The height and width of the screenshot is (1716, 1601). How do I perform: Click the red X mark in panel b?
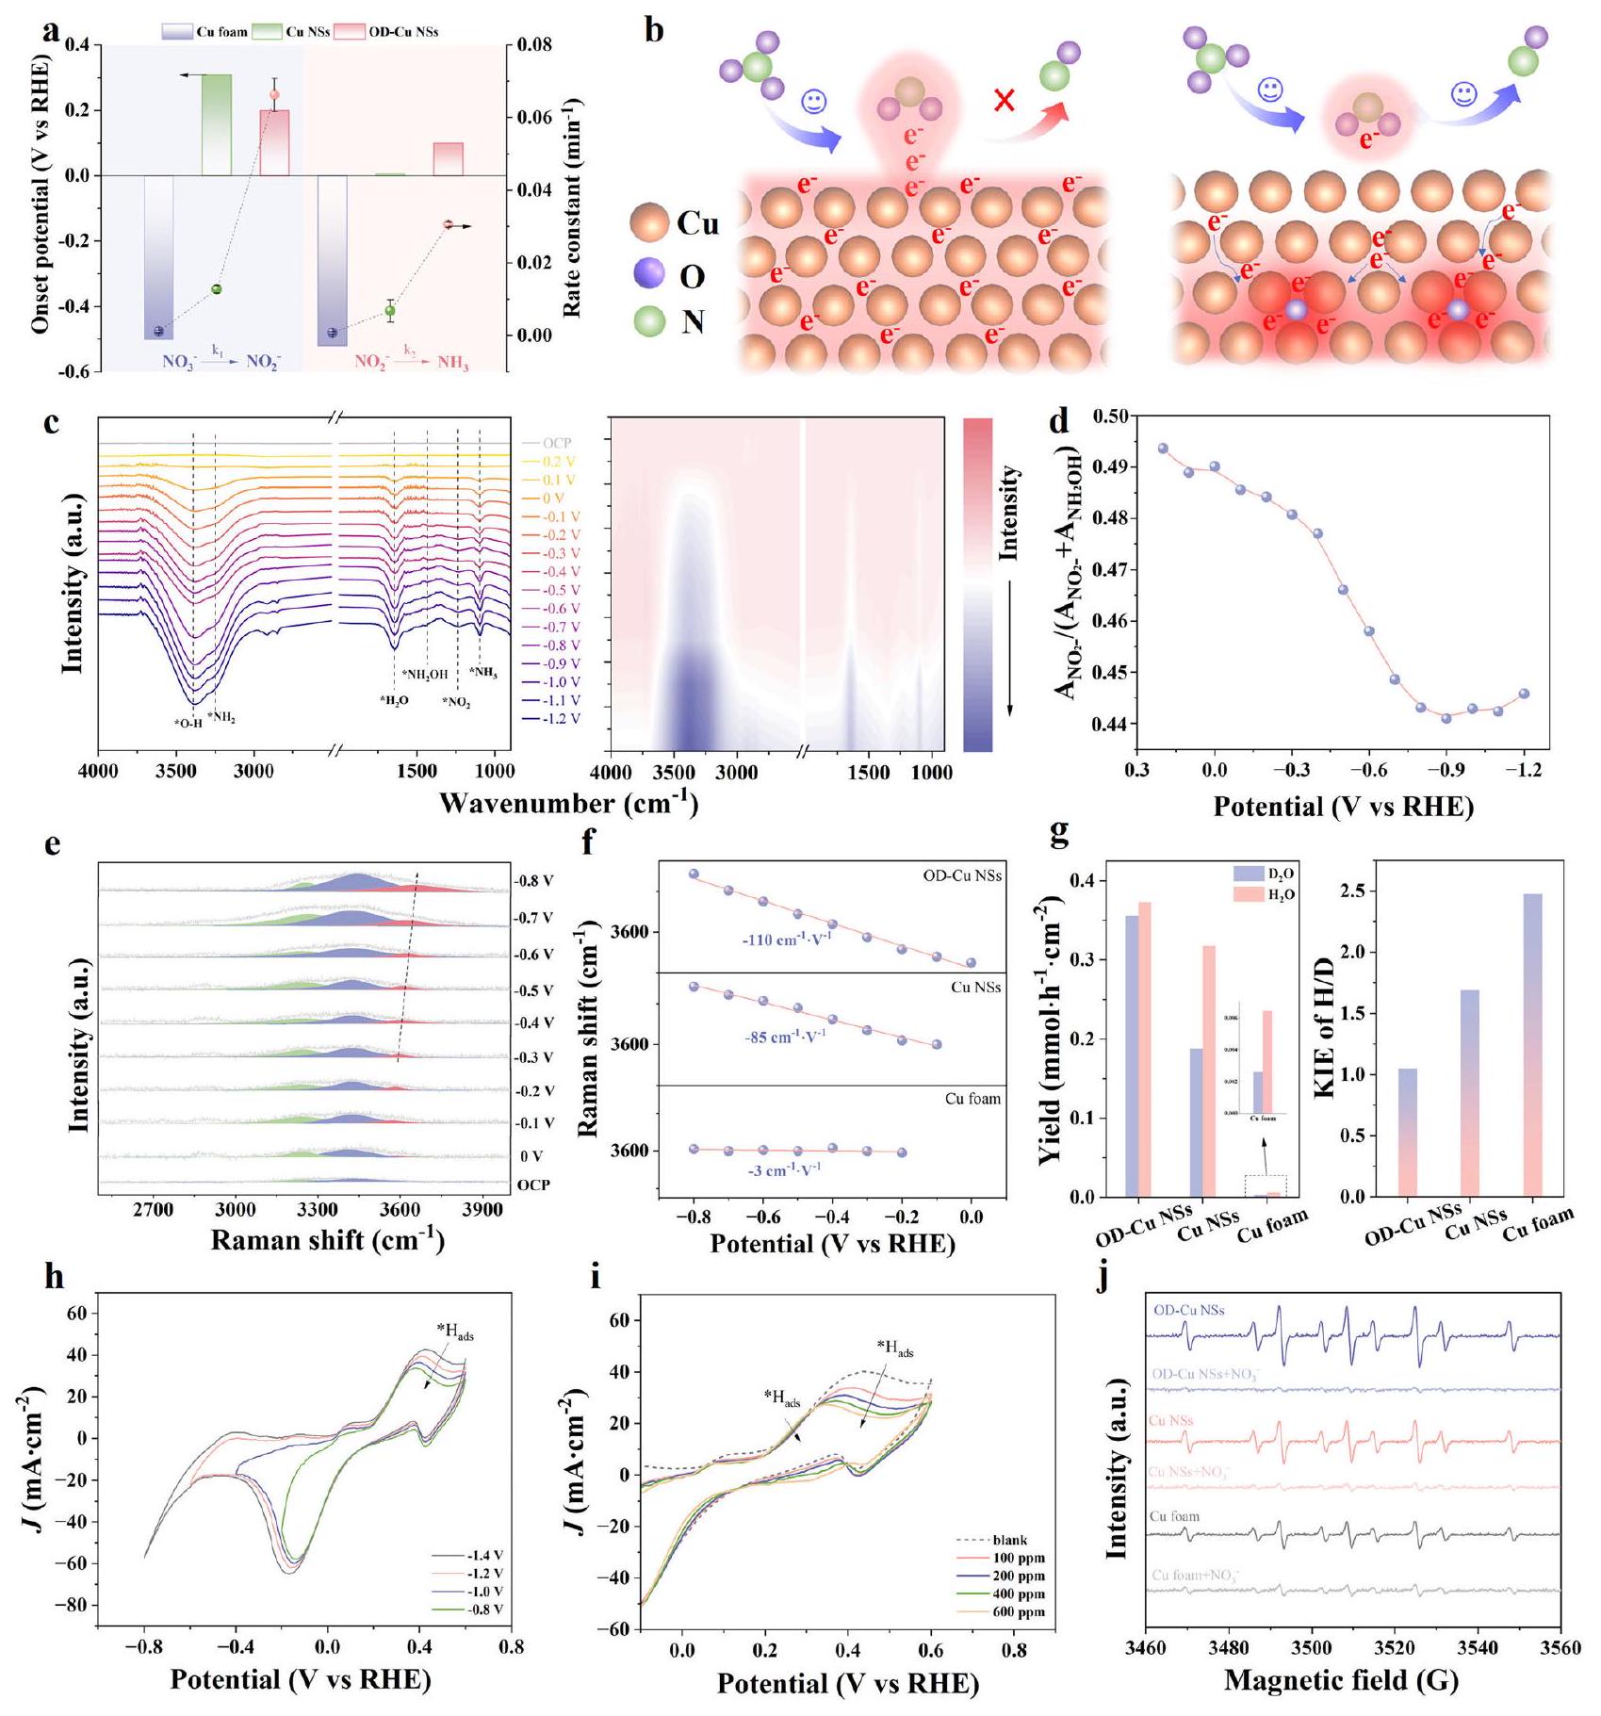(x=1005, y=100)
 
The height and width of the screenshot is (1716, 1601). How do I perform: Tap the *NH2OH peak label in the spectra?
(x=425, y=675)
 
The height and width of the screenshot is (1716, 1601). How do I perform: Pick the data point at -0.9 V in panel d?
(x=1446, y=718)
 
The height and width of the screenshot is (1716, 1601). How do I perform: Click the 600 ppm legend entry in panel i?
(x=1019, y=1612)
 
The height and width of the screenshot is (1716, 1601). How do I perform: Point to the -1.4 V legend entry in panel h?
(x=484, y=1556)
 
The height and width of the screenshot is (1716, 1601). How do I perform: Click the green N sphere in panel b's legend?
(x=650, y=322)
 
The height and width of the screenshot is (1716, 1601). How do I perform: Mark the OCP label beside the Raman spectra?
(x=533, y=1185)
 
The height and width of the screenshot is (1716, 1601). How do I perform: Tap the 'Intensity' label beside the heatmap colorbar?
(x=1008, y=513)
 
